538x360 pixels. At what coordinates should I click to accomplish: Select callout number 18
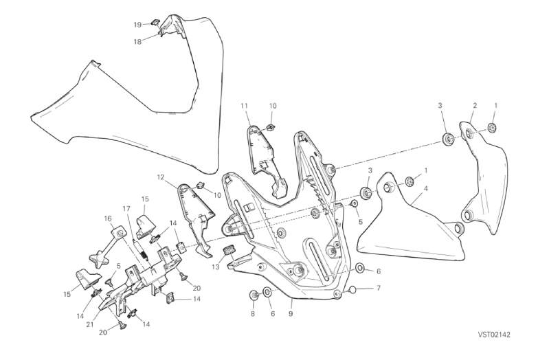pos(137,41)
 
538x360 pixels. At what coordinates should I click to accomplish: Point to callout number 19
pos(137,25)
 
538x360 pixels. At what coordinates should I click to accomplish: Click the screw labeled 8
pos(253,295)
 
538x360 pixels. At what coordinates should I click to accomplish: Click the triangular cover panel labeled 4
pos(392,227)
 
